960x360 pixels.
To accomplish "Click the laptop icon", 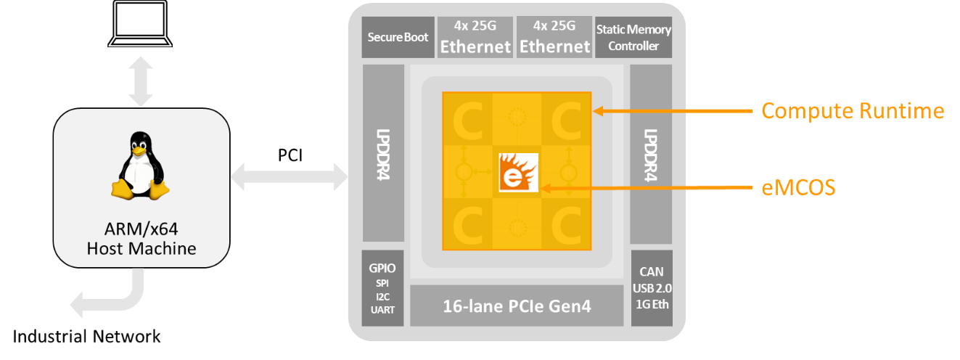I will click(x=141, y=25).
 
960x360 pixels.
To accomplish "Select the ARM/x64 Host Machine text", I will click(x=141, y=239).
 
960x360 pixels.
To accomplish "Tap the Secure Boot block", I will click(x=398, y=37).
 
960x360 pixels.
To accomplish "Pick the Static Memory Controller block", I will click(x=633, y=38).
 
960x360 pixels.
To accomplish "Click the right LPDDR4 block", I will click(x=651, y=154).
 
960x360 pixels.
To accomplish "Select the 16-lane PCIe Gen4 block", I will click(x=517, y=306).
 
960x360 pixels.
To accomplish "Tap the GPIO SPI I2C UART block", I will click(x=382, y=288).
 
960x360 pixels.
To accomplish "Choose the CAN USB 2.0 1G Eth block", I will click(x=651, y=288).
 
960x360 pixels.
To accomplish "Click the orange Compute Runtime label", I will click(x=852, y=111).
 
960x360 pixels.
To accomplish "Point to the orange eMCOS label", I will click(x=798, y=188).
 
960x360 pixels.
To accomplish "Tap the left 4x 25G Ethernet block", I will click(x=475, y=37).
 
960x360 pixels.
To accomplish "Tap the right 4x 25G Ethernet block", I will click(x=555, y=37).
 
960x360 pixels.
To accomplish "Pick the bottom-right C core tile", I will click(x=566, y=222).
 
